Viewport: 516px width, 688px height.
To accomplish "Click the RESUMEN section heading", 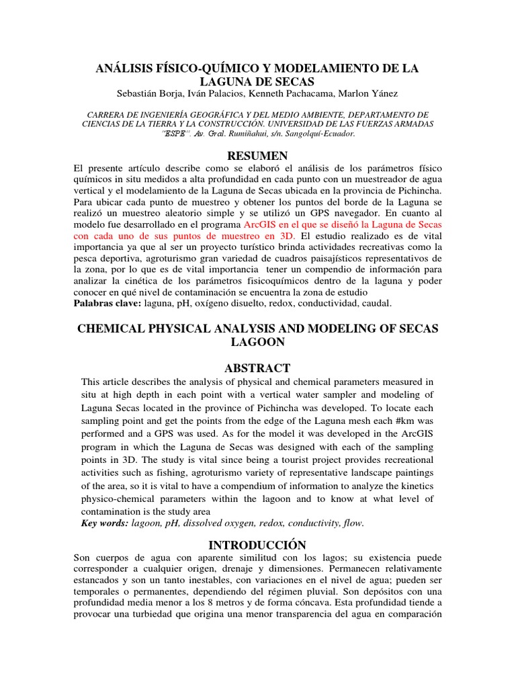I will pos(257,156).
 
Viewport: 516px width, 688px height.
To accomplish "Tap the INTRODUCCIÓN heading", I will pos(257,544).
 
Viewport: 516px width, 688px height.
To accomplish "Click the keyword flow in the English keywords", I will pos(352,523).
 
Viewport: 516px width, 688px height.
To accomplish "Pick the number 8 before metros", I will pos(214,603).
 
